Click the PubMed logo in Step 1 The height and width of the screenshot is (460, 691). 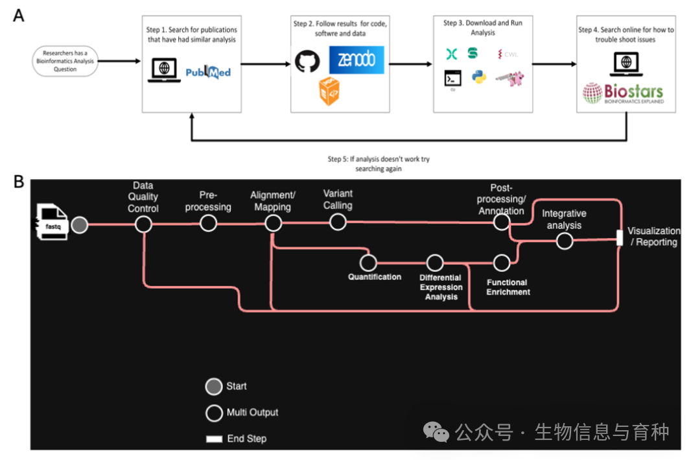pos(207,72)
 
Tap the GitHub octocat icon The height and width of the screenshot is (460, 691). pos(308,62)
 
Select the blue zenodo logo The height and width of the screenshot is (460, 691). pos(356,60)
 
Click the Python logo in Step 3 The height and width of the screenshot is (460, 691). pos(479,79)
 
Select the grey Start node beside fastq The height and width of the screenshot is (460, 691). pos(80,224)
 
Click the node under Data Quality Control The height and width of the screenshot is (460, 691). pos(143,224)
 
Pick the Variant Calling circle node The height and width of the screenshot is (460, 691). pos(338,223)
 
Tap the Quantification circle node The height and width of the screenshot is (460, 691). pos(368,263)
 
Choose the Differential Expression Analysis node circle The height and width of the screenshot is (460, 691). pos(435,263)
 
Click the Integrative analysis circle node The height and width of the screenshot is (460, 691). pos(565,241)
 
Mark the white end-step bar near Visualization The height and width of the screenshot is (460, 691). pos(619,237)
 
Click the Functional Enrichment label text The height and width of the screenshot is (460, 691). pos(508,287)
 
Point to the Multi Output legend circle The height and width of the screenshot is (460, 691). pos(214,413)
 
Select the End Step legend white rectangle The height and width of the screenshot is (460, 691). pos(214,439)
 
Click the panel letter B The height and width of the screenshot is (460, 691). pos(19,181)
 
